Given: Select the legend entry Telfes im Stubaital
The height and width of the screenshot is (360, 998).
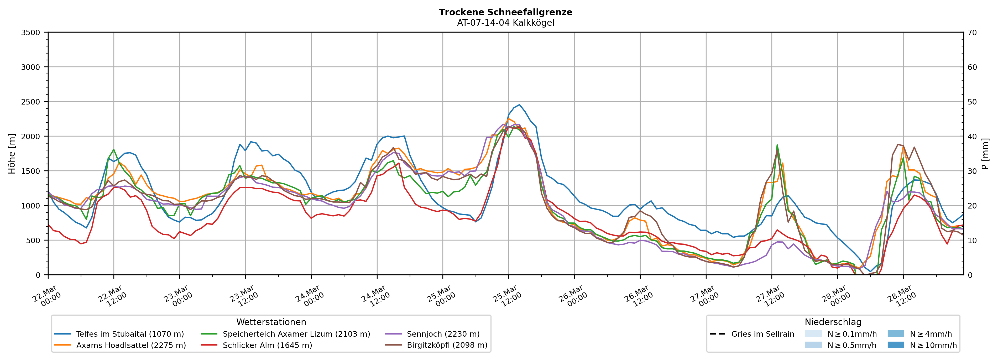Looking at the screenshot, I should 130,334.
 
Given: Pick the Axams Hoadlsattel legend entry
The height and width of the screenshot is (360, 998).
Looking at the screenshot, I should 131,345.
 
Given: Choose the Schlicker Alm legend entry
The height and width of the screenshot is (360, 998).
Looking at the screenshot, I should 267,345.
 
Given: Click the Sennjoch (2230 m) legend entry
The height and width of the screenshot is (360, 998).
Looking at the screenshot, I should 443,334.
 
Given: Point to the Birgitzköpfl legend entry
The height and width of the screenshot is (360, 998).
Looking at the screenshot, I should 447,345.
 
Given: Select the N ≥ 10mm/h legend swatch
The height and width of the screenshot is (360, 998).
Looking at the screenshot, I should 896,345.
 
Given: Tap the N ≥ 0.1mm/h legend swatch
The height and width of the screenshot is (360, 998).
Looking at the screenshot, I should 813,334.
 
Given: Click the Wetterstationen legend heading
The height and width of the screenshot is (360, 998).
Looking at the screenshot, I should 271,322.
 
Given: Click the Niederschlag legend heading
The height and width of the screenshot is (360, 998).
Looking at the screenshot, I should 833,322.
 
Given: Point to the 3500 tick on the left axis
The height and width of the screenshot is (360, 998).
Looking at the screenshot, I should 31,33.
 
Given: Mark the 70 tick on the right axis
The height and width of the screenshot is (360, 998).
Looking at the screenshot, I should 972,33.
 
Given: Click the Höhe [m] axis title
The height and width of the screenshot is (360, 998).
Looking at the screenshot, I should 12,153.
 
